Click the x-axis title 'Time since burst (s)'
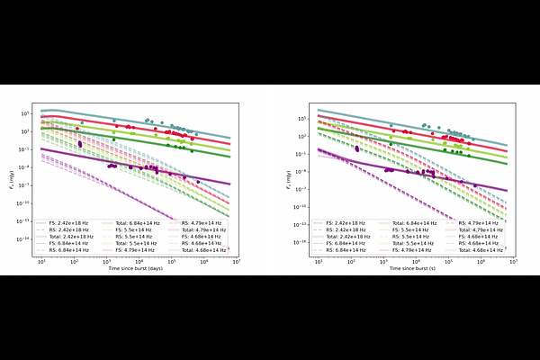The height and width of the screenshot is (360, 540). (414, 269)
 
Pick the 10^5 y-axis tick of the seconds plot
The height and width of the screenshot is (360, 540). (305, 118)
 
